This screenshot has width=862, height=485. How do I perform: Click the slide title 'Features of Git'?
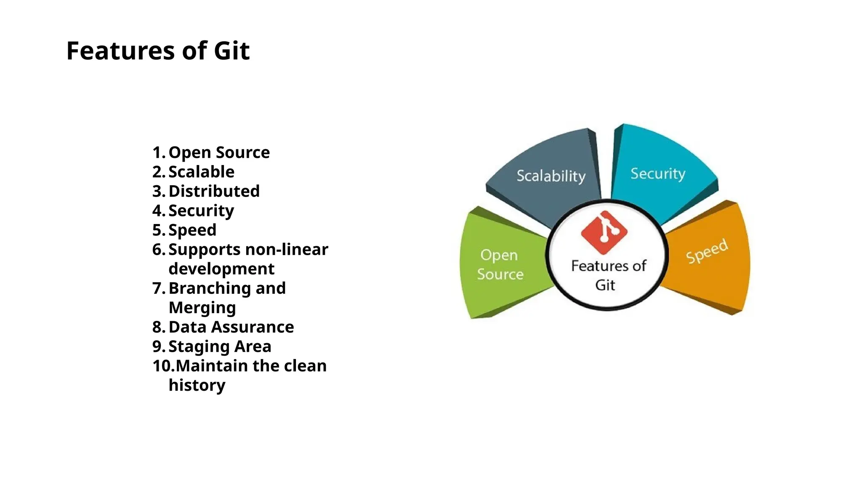(158, 51)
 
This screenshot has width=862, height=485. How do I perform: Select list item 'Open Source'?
(219, 152)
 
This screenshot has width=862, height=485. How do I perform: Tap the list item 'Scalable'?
(201, 172)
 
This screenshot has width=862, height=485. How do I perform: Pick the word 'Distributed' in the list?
(214, 191)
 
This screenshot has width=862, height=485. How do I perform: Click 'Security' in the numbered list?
(201, 211)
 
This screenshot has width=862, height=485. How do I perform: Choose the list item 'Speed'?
(192, 230)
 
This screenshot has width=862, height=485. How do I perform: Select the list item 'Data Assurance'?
(231, 327)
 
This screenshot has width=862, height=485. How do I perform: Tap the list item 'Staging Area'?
(220, 346)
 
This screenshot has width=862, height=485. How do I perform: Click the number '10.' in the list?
(163, 366)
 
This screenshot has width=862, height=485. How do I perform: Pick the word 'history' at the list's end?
(197, 385)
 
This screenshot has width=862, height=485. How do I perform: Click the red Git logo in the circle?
(604, 232)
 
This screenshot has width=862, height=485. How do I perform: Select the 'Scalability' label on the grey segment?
(551, 176)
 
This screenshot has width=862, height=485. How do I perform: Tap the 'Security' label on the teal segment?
(657, 173)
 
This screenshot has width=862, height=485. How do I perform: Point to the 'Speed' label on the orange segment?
(707, 251)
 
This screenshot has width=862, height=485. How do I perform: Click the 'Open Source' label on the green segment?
(500, 264)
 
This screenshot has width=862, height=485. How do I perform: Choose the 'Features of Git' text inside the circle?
(608, 275)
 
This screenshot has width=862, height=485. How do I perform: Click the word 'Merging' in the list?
(202, 308)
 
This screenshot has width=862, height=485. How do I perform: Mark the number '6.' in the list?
(159, 249)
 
